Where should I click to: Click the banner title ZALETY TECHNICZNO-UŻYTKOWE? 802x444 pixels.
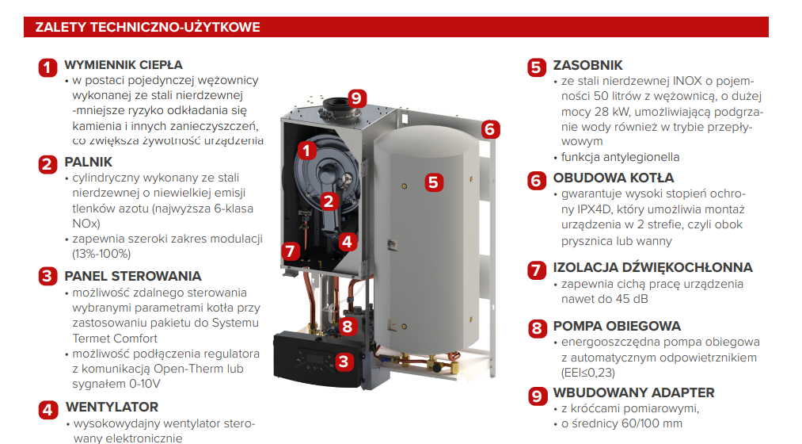147,27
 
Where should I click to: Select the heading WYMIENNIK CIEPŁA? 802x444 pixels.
124,65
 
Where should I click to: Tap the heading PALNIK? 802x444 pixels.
88,162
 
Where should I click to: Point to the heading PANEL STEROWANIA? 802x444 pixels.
133,276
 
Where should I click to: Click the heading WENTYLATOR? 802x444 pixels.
112,407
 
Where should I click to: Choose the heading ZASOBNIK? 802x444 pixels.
587,66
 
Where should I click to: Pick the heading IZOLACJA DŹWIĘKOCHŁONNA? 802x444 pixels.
652,267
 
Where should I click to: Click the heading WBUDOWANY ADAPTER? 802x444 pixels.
633,392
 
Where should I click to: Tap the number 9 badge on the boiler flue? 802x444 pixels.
356,98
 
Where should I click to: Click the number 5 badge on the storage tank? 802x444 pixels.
433,182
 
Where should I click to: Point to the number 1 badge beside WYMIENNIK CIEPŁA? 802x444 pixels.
48,67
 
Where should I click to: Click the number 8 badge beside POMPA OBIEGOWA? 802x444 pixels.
537,328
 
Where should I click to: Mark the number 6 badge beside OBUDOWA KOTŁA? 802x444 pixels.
537,180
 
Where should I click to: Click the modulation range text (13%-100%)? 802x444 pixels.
101,254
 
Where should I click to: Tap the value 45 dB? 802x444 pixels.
632,299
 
